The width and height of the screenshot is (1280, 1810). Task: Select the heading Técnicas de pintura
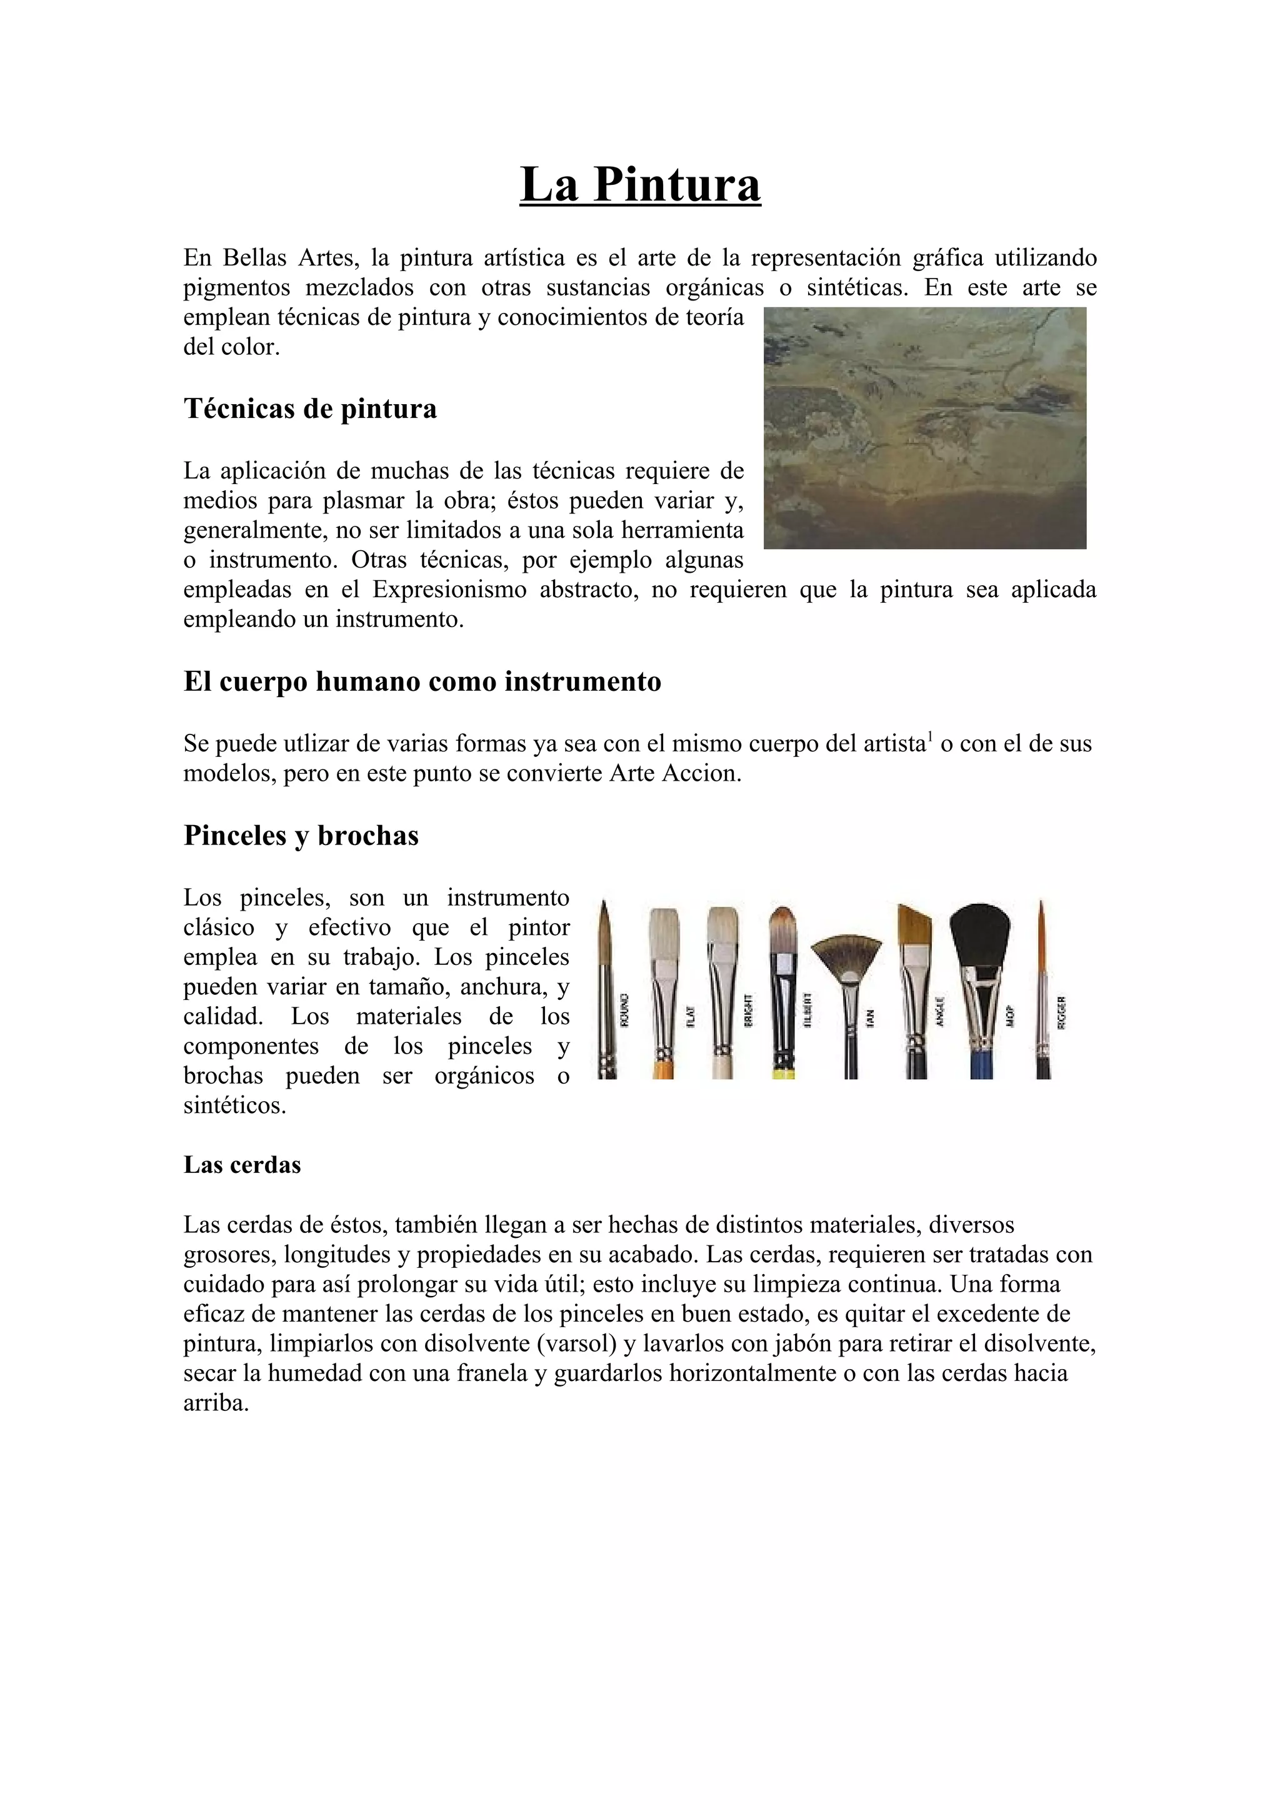pos(310,408)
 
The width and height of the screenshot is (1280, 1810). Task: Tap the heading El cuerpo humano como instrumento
pos(422,681)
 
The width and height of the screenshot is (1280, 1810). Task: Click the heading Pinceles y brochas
pos(301,835)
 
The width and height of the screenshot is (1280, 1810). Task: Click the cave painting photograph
pos(924,427)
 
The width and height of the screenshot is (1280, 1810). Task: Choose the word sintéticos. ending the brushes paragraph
pos(234,1105)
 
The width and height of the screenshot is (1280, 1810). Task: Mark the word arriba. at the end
pos(216,1402)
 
